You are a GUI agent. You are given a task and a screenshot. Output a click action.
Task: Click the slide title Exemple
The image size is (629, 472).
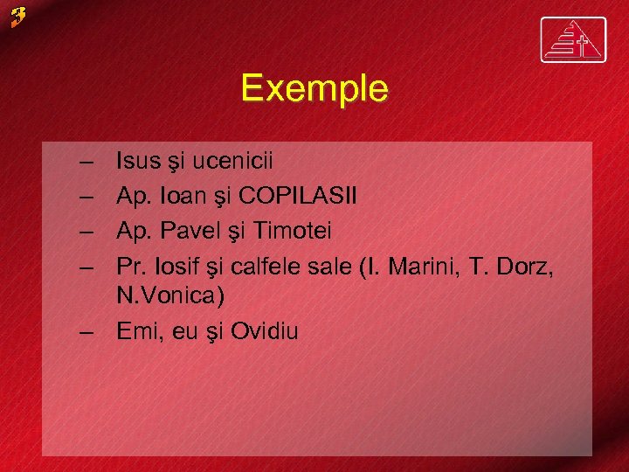click(314, 88)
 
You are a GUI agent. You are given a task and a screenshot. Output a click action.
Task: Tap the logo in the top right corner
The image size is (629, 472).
click(572, 40)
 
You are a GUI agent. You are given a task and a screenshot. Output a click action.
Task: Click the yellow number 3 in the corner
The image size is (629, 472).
click(19, 16)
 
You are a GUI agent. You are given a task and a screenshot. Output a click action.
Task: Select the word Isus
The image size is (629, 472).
click(138, 162)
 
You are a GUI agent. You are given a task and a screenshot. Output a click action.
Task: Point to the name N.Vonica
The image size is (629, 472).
click(170, 296)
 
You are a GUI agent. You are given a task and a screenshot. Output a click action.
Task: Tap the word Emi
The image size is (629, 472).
click(137, 331)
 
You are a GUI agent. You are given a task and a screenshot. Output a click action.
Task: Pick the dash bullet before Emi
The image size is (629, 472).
click(86, 332)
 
